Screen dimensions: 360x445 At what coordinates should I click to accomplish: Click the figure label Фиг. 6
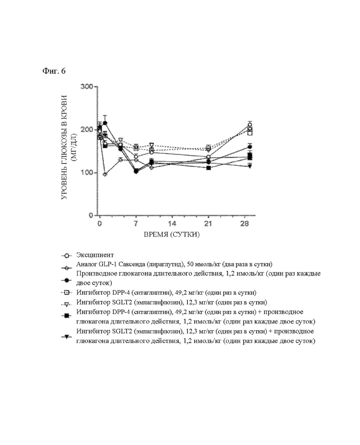(x=54, y=71)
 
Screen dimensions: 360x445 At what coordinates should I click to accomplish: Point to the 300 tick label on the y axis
(x=87, y=86)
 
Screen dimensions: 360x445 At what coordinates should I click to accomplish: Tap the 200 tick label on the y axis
(x=87, y=130)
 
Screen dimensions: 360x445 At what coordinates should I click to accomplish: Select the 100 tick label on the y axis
(x=87, y=172)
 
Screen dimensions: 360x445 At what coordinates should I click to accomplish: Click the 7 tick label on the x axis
(x=136, y=224)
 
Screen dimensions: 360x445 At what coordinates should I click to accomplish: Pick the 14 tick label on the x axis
(x=172, y=224)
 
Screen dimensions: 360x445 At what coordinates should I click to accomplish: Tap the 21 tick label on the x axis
(x=208, y=224)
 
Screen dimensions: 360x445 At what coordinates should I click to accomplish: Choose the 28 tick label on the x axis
(x=244, y=224)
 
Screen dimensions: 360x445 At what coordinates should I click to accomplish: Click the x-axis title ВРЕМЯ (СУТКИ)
(x=172, y=235)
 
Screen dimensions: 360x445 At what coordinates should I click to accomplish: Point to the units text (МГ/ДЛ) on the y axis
(x=74, y=148)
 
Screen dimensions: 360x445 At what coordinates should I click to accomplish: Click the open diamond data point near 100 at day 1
(x=105, y=174)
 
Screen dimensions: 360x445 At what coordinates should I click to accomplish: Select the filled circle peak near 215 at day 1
(x=105, y=123)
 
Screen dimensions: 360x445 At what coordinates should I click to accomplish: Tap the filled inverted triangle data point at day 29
(x=250, y=166)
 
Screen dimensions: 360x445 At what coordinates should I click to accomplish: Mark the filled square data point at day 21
(x=209, y=168)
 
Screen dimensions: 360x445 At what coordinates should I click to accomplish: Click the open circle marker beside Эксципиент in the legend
(x=66, y=256)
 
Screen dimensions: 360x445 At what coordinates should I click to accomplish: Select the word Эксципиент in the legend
(x=95, y=255)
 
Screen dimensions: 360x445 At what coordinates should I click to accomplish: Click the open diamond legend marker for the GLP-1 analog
(x=66, y=267)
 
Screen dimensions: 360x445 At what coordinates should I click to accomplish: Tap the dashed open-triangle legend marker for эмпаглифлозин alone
(x=66, y=304)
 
